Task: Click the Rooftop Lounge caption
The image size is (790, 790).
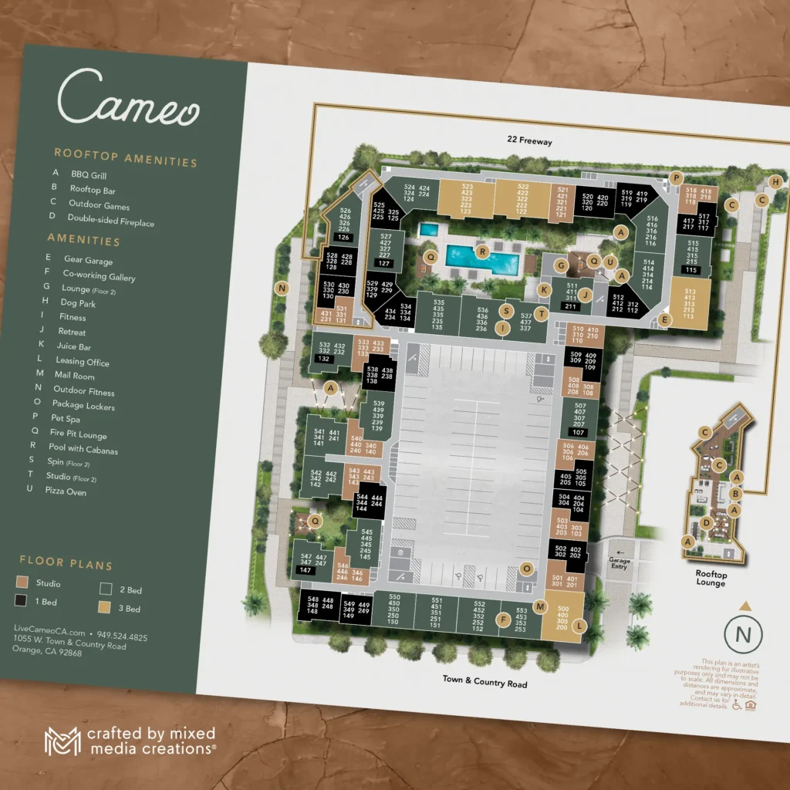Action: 710,579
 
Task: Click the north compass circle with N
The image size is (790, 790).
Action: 743,635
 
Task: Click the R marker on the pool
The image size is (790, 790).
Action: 483,251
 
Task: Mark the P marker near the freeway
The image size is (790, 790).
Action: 677,177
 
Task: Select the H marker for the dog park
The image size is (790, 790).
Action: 776,182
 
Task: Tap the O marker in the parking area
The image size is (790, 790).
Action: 527,569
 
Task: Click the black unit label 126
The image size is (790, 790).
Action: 343,238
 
